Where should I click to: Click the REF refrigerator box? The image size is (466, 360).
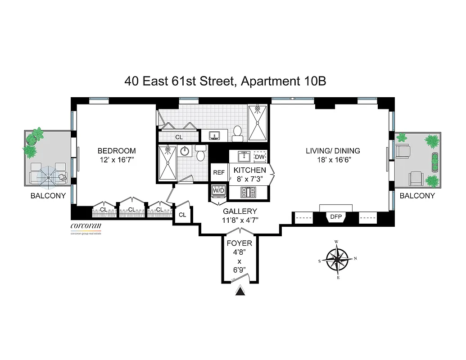(x=219, y=172)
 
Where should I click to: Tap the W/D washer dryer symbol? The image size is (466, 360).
(x=218, y=191)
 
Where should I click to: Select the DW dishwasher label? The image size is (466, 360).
(x=260, y=157)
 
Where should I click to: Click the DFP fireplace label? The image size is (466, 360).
(x=336, y=217)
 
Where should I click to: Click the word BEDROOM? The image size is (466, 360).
(x=117, y=151)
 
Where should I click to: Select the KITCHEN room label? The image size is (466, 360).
(x=249, y=170)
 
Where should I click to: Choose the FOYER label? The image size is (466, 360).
(x=239, y=243)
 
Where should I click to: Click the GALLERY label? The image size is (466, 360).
(x=240, y=211)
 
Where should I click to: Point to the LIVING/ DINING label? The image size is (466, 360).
(x=333, y=151)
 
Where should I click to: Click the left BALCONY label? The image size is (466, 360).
(x=48, y=196)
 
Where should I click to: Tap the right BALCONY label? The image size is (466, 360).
(x=417, y=196)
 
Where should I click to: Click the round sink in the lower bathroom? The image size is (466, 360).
(x=185, y=151)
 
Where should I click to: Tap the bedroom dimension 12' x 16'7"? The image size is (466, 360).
(x=117, y=160)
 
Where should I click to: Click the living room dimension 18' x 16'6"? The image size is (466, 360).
(x=333, y=160)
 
